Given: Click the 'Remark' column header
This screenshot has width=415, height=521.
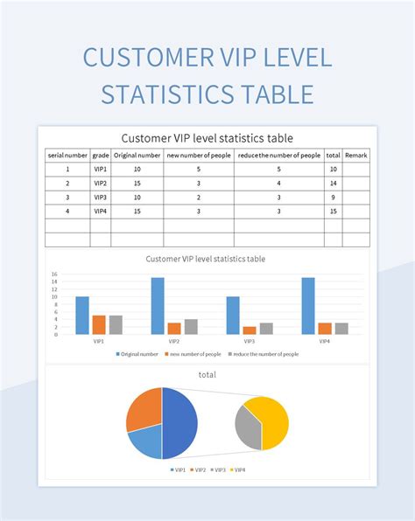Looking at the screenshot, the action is (x=355, y=156).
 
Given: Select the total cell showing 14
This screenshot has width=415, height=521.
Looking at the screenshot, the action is (x=333, y=183).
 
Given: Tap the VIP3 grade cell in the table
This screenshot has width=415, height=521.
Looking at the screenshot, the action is (x=100, y=198).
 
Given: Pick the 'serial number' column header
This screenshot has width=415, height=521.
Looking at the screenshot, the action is (x=67, y=156).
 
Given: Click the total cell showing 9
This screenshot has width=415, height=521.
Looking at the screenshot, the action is (x=333, y=198).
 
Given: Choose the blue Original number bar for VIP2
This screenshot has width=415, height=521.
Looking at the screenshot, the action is (x=158, y=306).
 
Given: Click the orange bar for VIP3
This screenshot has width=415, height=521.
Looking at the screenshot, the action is (x=250, y=330).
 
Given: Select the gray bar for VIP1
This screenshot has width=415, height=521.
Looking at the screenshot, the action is (x=116, y=325).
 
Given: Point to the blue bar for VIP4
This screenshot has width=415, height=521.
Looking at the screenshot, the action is (x=308, y=306).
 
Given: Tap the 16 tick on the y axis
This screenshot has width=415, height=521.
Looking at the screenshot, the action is (x=54, y=274).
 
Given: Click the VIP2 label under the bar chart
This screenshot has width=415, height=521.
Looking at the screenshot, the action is (x=174, y=341).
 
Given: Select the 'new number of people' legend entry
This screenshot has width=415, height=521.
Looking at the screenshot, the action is (x=193, y=354).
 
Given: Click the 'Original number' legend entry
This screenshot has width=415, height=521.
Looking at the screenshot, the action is (x=137, y=354).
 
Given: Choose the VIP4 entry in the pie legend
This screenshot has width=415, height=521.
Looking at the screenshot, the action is (x=237, y=469).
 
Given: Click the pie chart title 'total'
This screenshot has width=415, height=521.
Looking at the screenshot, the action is (x=207, y=374).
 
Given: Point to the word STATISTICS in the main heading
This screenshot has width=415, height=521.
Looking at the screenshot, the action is (x=168, y=94).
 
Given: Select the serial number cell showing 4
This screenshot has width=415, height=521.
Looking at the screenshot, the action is (x=67, y=212).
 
